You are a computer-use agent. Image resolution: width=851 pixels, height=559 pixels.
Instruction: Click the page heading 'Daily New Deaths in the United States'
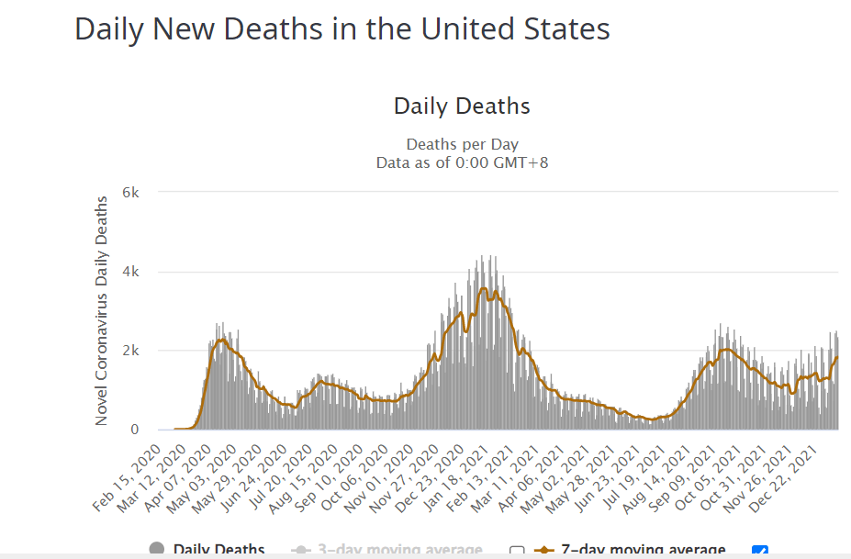point(342,29)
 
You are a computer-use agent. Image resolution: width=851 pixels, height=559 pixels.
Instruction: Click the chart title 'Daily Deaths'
point(462,106)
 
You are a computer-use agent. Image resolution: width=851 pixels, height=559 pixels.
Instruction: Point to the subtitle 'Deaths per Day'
point(462,145)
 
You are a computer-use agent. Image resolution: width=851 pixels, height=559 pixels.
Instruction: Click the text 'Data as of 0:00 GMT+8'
point(462,162)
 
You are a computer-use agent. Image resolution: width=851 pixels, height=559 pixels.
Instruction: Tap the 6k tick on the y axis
point(131,193)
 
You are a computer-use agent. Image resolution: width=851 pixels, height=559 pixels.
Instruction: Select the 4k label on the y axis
point(131,272)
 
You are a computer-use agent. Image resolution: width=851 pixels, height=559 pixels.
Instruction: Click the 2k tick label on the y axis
point(131,351)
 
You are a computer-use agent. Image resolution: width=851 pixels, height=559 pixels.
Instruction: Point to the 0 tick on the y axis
point(134,430)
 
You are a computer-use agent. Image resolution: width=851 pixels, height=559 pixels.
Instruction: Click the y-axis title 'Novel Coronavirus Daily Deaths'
point(102,313)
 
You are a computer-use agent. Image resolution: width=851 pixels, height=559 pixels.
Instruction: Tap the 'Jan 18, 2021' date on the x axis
point(457,474)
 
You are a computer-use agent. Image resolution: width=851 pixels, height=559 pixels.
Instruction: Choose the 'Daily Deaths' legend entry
point(218,550)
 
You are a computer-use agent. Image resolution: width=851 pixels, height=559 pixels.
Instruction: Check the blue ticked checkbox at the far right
point(759,551)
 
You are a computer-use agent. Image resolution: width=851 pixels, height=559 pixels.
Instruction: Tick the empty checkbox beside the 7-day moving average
point(517,551)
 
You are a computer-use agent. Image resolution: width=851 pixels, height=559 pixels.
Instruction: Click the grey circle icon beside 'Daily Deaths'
point(157,550)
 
